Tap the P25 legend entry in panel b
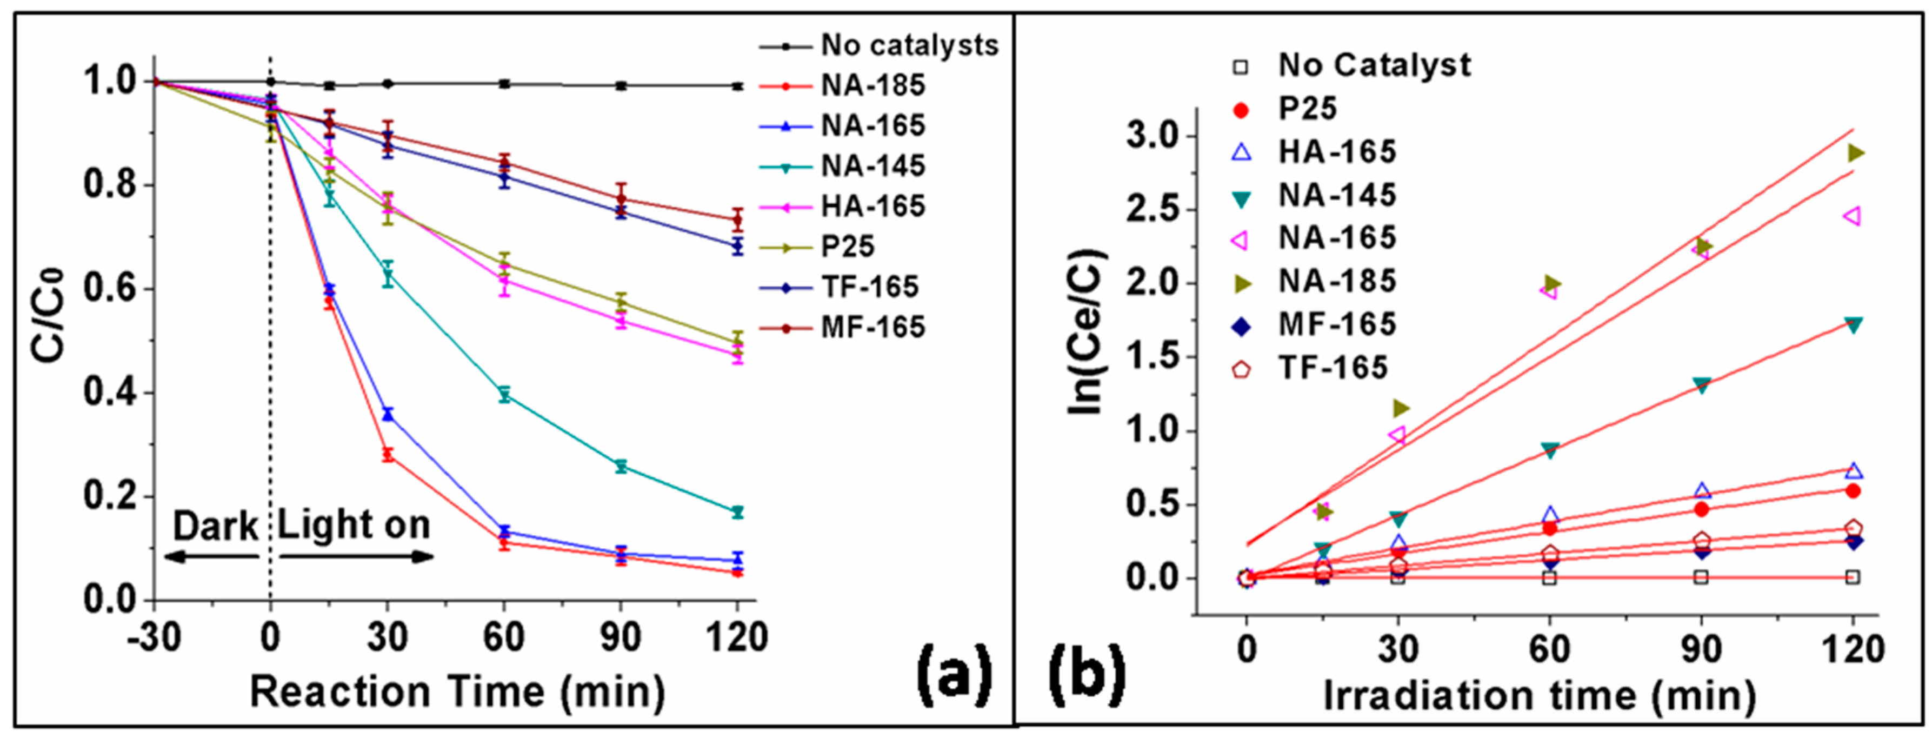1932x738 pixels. point(1307,109)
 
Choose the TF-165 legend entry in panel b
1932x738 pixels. point(1333,368)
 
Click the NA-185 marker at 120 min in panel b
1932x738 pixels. point(1855,153)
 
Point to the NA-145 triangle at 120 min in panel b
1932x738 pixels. point(1853,325)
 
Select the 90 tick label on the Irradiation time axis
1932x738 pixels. point(1701,649)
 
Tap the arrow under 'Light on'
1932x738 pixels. point(356,556)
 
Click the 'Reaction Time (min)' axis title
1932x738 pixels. point(457,692)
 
